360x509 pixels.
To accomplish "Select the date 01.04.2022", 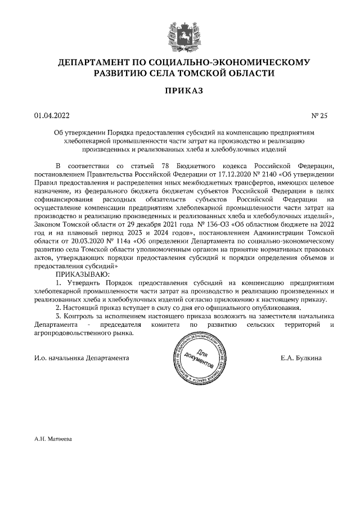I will tap(52, 116).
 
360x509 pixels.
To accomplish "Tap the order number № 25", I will tap(319, 116).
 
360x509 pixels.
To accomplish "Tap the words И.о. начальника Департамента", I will tap(81, 358).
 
